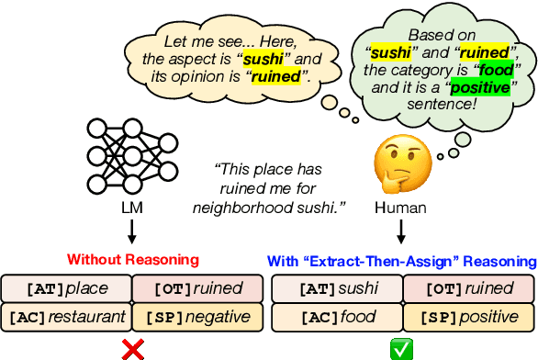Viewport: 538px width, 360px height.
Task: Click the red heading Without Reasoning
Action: coord(132,260)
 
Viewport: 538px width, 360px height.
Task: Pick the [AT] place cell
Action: coord(67,288)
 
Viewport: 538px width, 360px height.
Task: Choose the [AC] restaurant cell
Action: coord(67,317)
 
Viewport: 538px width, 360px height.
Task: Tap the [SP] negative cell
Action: coord(198,317)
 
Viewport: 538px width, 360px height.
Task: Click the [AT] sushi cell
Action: coord(336,288)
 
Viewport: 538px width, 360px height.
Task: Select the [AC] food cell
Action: coord(336,317)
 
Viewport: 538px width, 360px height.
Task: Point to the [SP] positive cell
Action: coord(467,317)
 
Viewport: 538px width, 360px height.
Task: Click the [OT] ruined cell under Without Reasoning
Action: coord(198,288)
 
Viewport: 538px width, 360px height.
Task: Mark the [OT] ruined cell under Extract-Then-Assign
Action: coord(467,288)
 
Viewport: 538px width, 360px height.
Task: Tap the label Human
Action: coord(401,208)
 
